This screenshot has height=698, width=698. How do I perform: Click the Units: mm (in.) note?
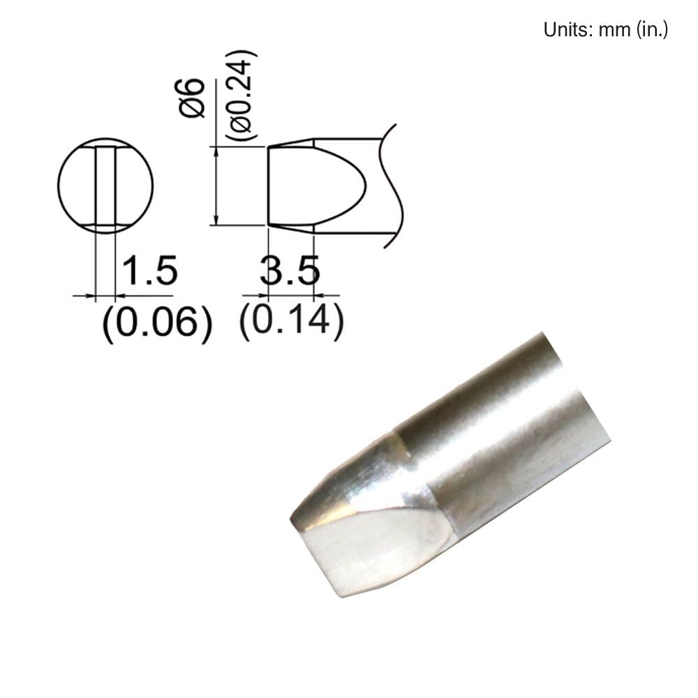point(605,31)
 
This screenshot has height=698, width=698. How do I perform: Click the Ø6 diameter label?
point(192,98)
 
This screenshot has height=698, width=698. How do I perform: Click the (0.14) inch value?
point(291,320)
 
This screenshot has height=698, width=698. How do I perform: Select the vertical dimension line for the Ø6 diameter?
point(219,186)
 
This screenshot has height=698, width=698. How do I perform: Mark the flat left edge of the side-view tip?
point(269,186)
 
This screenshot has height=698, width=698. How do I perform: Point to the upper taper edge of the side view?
point(290,142)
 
